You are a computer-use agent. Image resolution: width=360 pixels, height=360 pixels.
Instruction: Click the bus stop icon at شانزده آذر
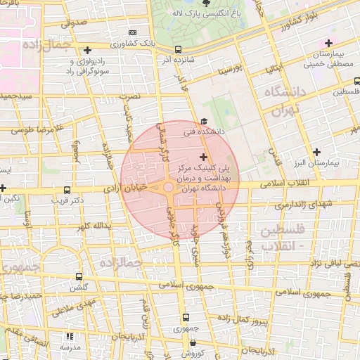178,49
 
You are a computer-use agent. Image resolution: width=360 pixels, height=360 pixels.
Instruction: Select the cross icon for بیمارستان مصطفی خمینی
328,44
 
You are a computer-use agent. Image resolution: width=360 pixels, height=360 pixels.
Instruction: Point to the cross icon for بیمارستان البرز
317,152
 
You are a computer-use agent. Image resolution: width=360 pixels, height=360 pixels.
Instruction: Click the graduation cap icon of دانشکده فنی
203,121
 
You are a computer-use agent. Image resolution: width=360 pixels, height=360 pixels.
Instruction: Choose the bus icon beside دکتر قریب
67,190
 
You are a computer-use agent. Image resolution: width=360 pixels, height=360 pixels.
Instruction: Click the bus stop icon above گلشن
78,276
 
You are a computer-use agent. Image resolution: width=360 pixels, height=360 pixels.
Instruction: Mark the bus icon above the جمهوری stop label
186,318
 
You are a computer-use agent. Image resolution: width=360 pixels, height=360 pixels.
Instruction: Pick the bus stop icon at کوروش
193,343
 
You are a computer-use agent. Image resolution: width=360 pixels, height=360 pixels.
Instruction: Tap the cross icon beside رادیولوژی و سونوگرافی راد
87,50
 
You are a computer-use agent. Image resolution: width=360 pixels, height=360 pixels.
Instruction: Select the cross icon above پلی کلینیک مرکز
204,156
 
